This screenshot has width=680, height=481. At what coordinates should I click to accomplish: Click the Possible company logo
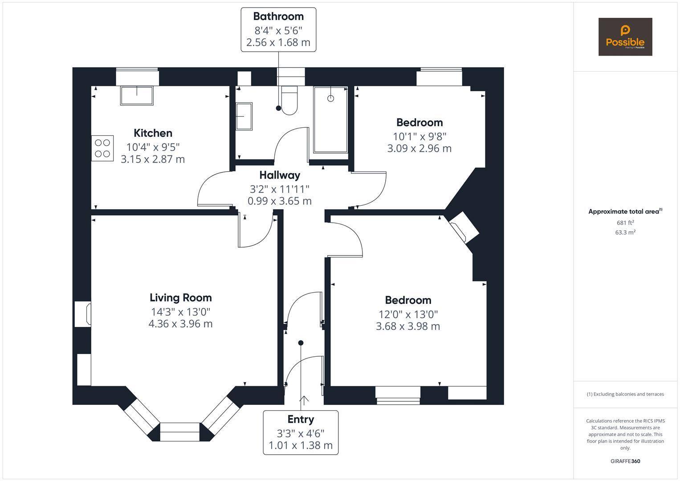click(625, 37)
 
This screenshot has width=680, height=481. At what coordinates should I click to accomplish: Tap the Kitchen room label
click(153, 133)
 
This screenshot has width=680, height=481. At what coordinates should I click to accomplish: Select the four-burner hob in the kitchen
click(102, 148)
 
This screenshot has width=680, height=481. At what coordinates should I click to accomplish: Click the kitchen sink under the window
click(136, 95)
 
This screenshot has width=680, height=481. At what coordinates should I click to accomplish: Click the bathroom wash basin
click(244, 116)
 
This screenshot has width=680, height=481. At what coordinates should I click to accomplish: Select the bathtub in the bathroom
click(330, 120)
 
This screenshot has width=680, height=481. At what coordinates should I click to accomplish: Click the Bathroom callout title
click(278, 16)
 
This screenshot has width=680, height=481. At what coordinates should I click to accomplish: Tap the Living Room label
click(180, 298)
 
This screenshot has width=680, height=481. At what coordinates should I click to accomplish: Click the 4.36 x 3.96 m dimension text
click(180, 324)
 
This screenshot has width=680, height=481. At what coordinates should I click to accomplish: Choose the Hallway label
click(280, 175)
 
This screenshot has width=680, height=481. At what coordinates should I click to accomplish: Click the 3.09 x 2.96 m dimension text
click(419, 148)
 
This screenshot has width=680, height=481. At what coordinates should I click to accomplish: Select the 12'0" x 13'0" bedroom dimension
click(408, 314)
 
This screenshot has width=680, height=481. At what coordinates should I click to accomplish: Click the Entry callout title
click(301, 420)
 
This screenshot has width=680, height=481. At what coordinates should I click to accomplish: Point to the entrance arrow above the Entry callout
click(304, 400)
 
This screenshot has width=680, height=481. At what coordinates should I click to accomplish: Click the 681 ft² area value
click(625, 223)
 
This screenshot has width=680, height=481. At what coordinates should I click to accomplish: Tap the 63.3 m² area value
click(625, 232)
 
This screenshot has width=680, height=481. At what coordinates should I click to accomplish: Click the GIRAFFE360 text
click(625, 461)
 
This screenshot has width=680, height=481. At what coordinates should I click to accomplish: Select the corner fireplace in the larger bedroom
click(464, 227)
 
